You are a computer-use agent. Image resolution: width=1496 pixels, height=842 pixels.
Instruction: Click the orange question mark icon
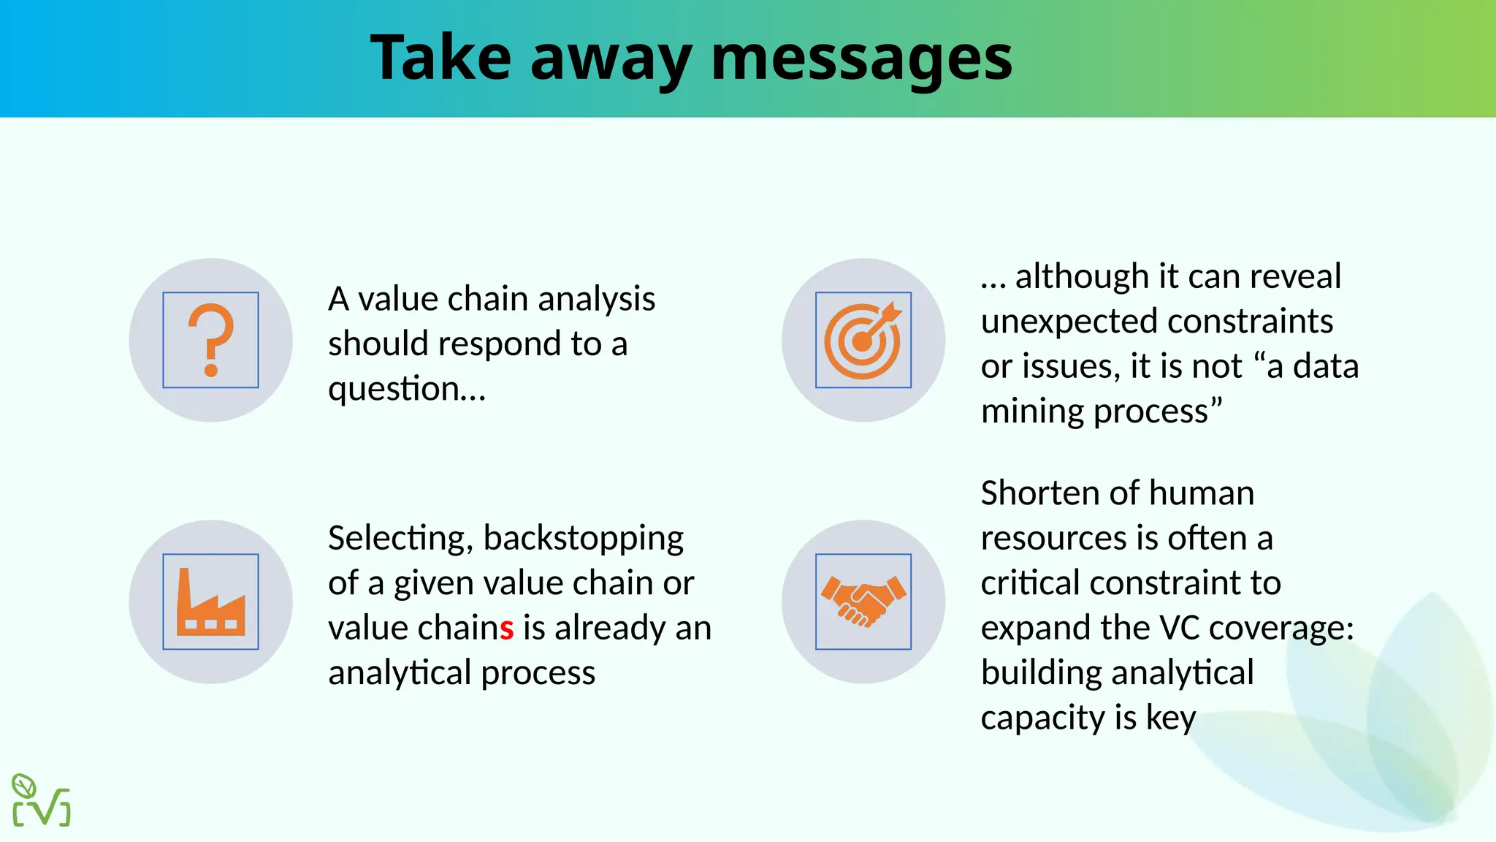tap(210, 340)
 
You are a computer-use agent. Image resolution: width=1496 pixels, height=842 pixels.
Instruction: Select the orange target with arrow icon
tap(863, 340)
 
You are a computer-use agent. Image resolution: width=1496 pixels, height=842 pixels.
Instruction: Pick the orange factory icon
tap(210, 602)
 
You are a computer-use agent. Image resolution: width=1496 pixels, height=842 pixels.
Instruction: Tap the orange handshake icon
tap(863, 602)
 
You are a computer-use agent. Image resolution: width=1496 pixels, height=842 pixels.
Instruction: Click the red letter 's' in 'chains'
tap(507, 628)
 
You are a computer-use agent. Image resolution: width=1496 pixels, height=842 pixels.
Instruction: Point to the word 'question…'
tap(407, 389)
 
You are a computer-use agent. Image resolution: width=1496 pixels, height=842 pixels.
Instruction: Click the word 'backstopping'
tap(583, 539)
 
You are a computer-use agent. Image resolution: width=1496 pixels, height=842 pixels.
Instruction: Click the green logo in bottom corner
tap(41, 800)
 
